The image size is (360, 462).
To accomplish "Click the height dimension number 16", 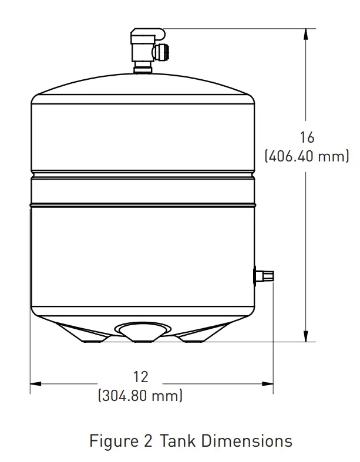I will (307, 137).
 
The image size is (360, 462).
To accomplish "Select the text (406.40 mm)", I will (307, 157).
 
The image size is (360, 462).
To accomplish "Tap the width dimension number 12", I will (141, 376).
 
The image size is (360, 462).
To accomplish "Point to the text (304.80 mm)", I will (140, 396).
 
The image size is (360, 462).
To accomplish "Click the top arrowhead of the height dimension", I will (305, 33).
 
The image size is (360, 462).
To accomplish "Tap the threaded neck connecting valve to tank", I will (141, 70).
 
